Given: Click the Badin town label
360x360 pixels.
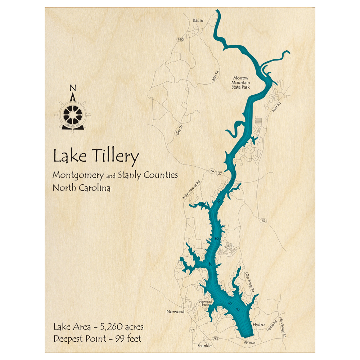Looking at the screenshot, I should pyautogui.click(x=198, y=21).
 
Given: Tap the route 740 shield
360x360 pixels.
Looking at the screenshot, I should pyautogui.click(x=180, y=39).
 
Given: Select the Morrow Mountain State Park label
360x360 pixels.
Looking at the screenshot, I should pyautogui.click(x=241, y=82).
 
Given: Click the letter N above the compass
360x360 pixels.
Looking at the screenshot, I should pyautogui.click(x=73, y=87).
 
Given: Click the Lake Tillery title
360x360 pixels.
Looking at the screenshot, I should pyautogui.click(x=96, y=157).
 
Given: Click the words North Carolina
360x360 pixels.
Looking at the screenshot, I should pyautogui.click(x=81, y=188).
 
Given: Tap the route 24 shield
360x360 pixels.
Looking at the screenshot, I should pyautogui.click(x=212, y=170).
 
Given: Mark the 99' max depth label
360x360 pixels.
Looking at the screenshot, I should pyautogui.click(x=249, y=342).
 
